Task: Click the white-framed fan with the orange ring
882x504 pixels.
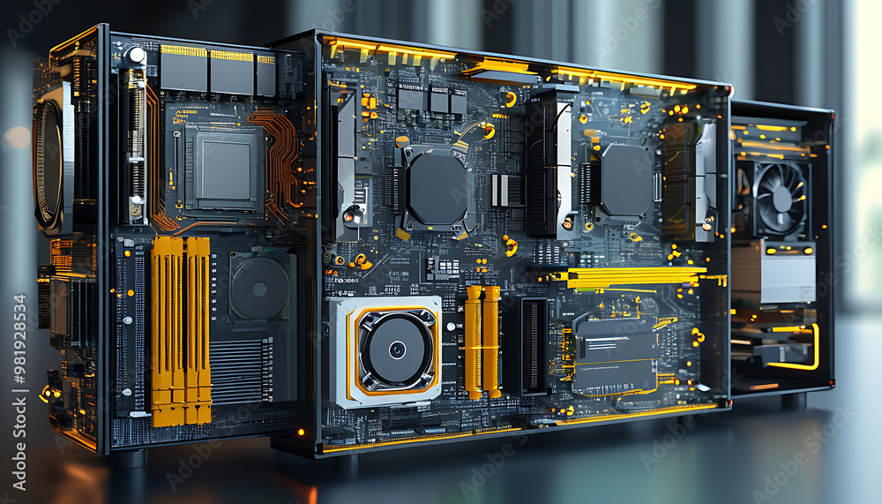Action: (x=385, y=350)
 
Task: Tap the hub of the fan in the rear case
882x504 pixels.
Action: (x=781, y=198)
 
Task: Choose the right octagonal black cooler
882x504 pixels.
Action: (x=626, y=181)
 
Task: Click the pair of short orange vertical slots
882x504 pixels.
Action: (x=482, y=341)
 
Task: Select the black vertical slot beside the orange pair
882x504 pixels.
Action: (x=534, y=345)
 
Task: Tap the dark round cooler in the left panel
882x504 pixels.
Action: (x=259, y=288)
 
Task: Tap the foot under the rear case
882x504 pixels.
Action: (x=793, y=400)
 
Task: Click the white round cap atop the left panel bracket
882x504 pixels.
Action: (x=135, y=56)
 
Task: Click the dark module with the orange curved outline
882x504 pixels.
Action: (x=615, y=354)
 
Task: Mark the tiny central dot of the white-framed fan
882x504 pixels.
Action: (x=397, y=350)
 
